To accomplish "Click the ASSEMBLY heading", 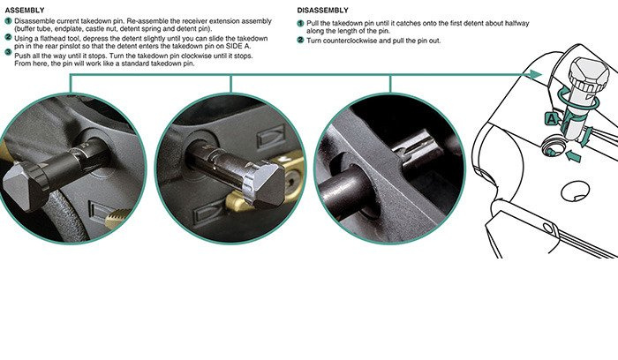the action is click(x=25, y=11).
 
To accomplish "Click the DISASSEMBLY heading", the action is click(x=323, y=11).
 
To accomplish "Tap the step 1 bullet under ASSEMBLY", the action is click(x=8, y=21).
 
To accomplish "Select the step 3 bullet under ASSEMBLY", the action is click(x=8, y=51).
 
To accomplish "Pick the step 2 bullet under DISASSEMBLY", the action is click(x=300, y=40).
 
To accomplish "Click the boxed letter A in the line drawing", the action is click(x=552, y=119).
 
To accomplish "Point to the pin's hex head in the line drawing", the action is click(x=588, y=74).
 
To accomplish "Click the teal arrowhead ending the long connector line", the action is click(x=536, y=74).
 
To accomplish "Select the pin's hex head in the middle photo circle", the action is click(x=264, y=184).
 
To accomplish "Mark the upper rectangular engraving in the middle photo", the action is click(x=272, y=137).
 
